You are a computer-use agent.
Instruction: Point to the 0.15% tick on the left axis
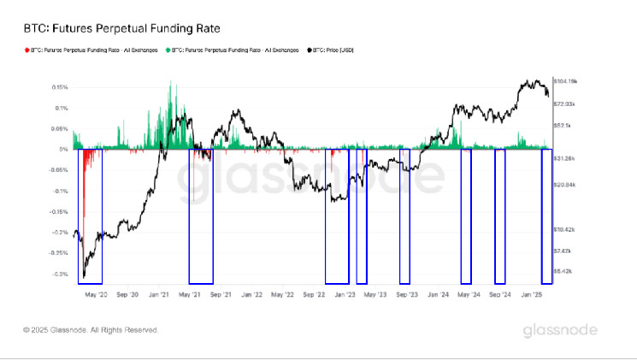pos(60,87)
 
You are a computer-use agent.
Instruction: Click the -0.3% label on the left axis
pos(60,274)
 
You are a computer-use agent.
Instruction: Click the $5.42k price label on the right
pos(563,271)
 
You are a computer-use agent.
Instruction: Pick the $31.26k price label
pos(565,158)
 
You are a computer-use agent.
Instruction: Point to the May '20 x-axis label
pos(96,293)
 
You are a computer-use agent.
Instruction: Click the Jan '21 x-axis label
pos(158,293)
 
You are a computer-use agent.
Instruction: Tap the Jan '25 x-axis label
pos(534,293)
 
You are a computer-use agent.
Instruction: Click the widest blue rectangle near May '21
pos(201,215)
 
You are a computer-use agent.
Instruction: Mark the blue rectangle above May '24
pos(466,215)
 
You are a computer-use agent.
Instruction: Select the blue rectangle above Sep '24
pos(500,215)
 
